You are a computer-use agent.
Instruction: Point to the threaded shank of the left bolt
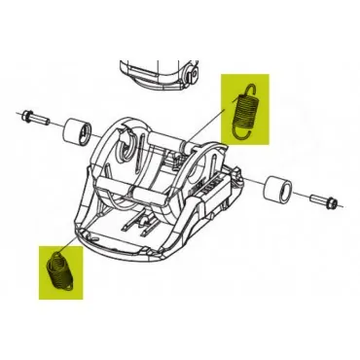click(39, 121)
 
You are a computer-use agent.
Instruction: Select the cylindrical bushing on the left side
click(76, 131)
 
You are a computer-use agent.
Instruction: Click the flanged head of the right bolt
click(334, 205)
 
